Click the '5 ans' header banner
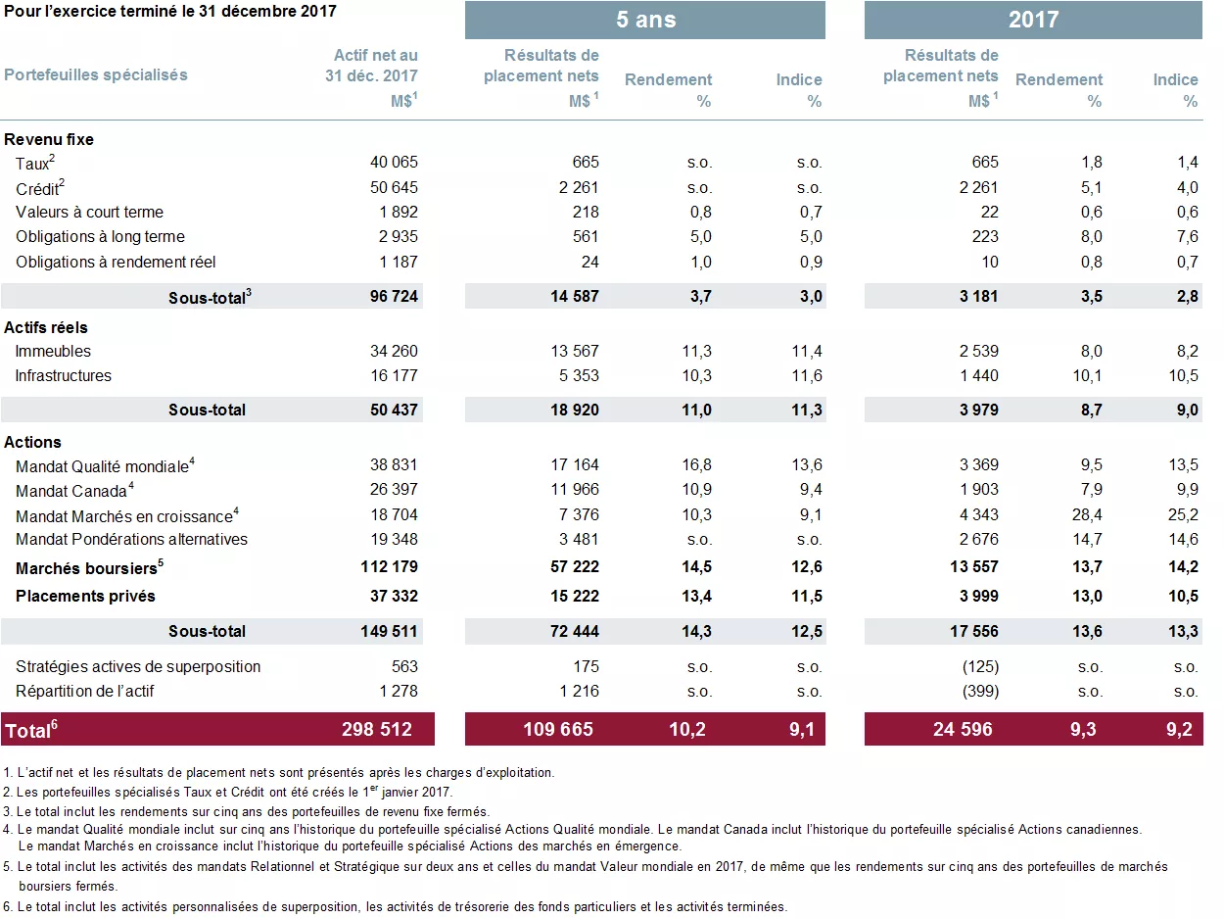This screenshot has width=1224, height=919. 645,20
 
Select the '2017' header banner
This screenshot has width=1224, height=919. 1033,20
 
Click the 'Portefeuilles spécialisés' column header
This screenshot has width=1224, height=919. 96,74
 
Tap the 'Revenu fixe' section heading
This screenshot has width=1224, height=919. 49,139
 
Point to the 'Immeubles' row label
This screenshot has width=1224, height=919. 53,351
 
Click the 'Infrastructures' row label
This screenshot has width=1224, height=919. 64,375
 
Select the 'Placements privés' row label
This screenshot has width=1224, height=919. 85,596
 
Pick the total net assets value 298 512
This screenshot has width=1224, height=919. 377,729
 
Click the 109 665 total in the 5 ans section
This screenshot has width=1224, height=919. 559,729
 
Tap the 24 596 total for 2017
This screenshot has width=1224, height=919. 963,729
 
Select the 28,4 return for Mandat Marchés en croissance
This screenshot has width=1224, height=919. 1086,514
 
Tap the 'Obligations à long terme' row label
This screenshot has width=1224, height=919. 100,236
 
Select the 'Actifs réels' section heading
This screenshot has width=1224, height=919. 46,327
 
